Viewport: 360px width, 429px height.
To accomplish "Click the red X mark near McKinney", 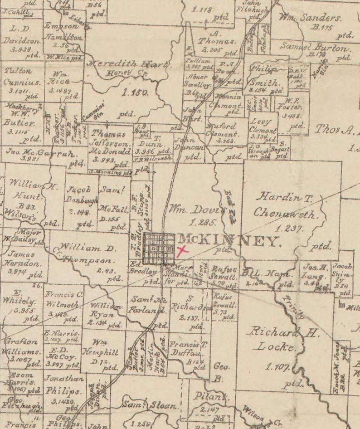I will pyautogui.click(x=182, y=251).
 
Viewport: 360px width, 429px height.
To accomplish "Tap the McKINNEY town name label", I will pyautogui.click(x=229, y=241).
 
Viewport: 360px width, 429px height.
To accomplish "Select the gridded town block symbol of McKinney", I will pyautogui.click(x=159, y=249).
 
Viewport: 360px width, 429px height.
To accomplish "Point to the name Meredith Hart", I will pyautogui.click(x=129, y=64).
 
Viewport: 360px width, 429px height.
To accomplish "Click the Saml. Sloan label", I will pyautogui.click(x=151, y=405).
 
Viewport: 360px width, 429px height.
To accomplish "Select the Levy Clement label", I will pyautogui.click(x=262, y=126).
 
